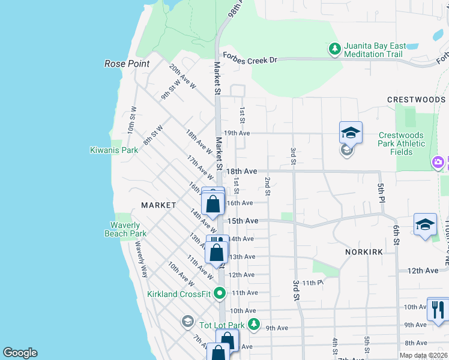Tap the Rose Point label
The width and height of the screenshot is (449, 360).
(127, 64)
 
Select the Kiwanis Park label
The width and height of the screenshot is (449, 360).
(114, 150)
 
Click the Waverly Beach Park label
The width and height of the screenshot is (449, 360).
(127, 229)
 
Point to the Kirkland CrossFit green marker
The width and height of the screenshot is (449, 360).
(220, 293)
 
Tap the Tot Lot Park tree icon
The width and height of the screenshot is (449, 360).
(254, 325)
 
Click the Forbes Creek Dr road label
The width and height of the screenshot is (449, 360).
(250, 59)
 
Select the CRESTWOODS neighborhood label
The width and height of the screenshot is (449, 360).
(416, 100)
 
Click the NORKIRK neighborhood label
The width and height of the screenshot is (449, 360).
(364, 253)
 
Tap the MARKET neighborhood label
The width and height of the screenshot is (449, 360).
(158, 205)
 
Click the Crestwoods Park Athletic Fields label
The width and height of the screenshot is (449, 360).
(402, 144)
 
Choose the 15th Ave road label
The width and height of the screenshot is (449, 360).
(246, 221)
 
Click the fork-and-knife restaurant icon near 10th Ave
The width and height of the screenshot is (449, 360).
(438, 309)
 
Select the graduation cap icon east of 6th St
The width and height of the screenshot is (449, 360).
(425, 224)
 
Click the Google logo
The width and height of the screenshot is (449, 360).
(20, 353)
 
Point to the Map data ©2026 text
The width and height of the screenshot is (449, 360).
(423, 355)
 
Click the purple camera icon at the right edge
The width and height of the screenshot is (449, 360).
(438, 163)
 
